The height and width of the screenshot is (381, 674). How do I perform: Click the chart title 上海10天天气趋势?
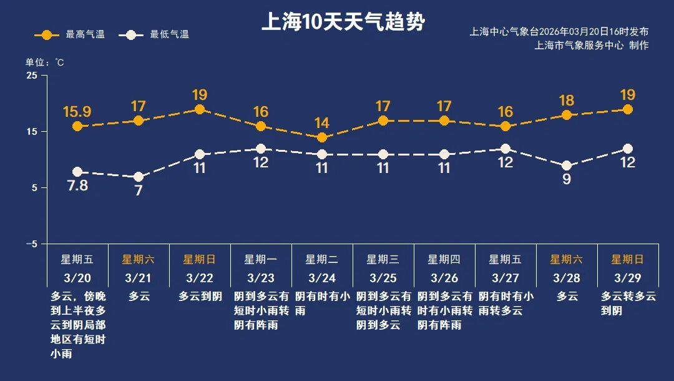pyautogui.click(x=343, y=23)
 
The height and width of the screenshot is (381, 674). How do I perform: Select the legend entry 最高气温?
pyautogui.click(x=69, y=35)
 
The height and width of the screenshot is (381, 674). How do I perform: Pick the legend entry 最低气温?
pyautogui.click(x=155, y=35)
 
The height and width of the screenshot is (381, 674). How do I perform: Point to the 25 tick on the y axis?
pyautogui.click(x=31, y=76)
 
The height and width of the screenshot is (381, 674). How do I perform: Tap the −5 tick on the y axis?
pyautogui.click(x=31, y=244)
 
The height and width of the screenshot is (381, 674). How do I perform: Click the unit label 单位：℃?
pyautogui.click(x=44, y=62)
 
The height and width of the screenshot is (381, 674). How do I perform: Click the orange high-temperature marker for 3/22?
pyautogui.click(x=200, y=109)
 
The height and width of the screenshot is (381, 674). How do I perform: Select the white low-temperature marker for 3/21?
pyautogui.click(x=139, y=177)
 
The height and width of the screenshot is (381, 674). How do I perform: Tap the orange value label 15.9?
pyautogui.click(x=77, y=112)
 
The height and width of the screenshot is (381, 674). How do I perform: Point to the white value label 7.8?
pyautogui.click(x=77, y=186)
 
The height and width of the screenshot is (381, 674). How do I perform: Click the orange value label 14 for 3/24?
pyautogui.click(x=322, y=123)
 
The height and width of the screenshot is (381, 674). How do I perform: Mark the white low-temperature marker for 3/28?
pyautogui.click(x=567, y=166)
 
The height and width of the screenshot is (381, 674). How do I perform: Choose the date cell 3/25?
pyautogui.click(x=383, y=277)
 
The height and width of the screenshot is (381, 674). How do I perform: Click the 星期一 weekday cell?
pyautogui.click(x=260, y=259)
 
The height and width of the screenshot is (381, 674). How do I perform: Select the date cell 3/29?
pyautogui.click(x=628, y=277)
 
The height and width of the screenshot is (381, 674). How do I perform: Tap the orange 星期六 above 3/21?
pyautogui.click(x=138, y=259)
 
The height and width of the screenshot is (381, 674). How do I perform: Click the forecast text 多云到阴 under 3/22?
pyautogui.click(x=200, y=297)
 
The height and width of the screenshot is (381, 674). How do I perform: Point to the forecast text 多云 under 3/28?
pyautogui.click(x=567, y=297)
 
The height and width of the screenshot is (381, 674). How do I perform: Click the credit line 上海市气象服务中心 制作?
pyautogui.click(x=592, y=46)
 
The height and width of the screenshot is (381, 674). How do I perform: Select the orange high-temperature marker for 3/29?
pyautogui.click(x=628, y=109)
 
